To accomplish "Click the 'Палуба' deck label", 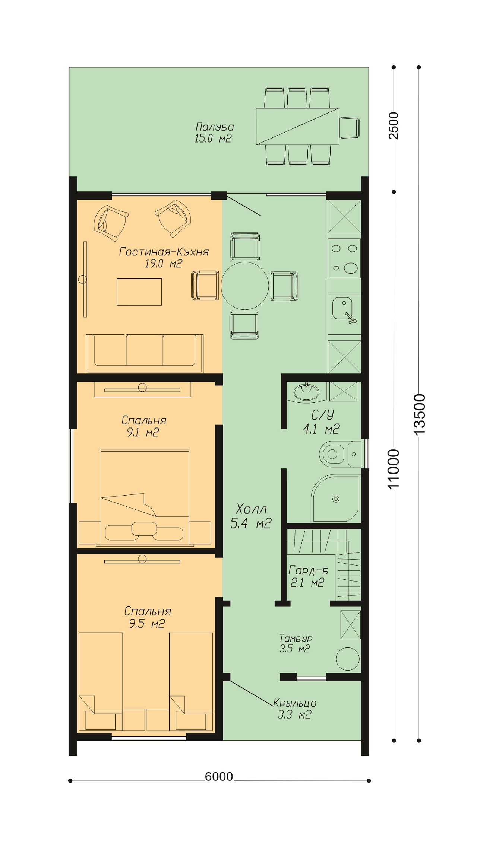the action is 215,127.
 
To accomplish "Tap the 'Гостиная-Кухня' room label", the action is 164,252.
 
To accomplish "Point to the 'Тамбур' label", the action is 296,638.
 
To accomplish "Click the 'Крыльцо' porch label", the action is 295,703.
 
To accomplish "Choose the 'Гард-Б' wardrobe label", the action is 308,570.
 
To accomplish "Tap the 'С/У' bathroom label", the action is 323,415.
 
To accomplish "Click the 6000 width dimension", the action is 219,776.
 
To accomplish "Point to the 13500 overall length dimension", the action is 420,414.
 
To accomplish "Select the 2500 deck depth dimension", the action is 394,125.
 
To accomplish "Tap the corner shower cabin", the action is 336,498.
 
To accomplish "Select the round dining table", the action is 245,286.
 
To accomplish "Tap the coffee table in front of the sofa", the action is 139,292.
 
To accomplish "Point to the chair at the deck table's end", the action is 350,127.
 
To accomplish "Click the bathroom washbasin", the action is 306,391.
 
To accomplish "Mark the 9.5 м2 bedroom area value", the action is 147,624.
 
